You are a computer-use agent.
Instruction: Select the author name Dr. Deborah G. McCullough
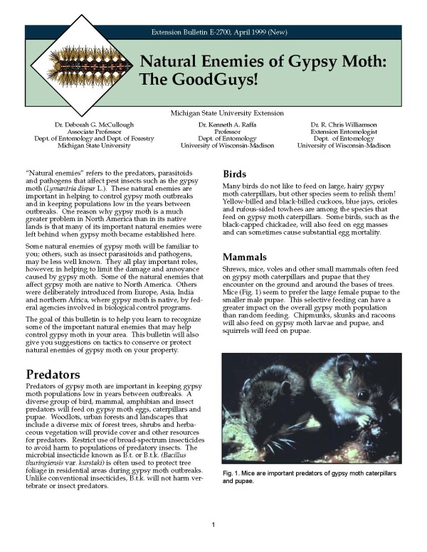(x=93, y=124)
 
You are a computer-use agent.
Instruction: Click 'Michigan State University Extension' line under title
(x=227, y=113)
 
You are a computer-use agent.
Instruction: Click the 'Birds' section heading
(x=235, y=174)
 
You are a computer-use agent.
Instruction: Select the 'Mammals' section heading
(x=246, y=256)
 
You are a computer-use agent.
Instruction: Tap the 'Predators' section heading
(x=52, y=373)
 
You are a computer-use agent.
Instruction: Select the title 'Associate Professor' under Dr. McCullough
(x=93, y=132)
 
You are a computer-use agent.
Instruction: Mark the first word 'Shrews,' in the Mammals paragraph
(x=235, y=272)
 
